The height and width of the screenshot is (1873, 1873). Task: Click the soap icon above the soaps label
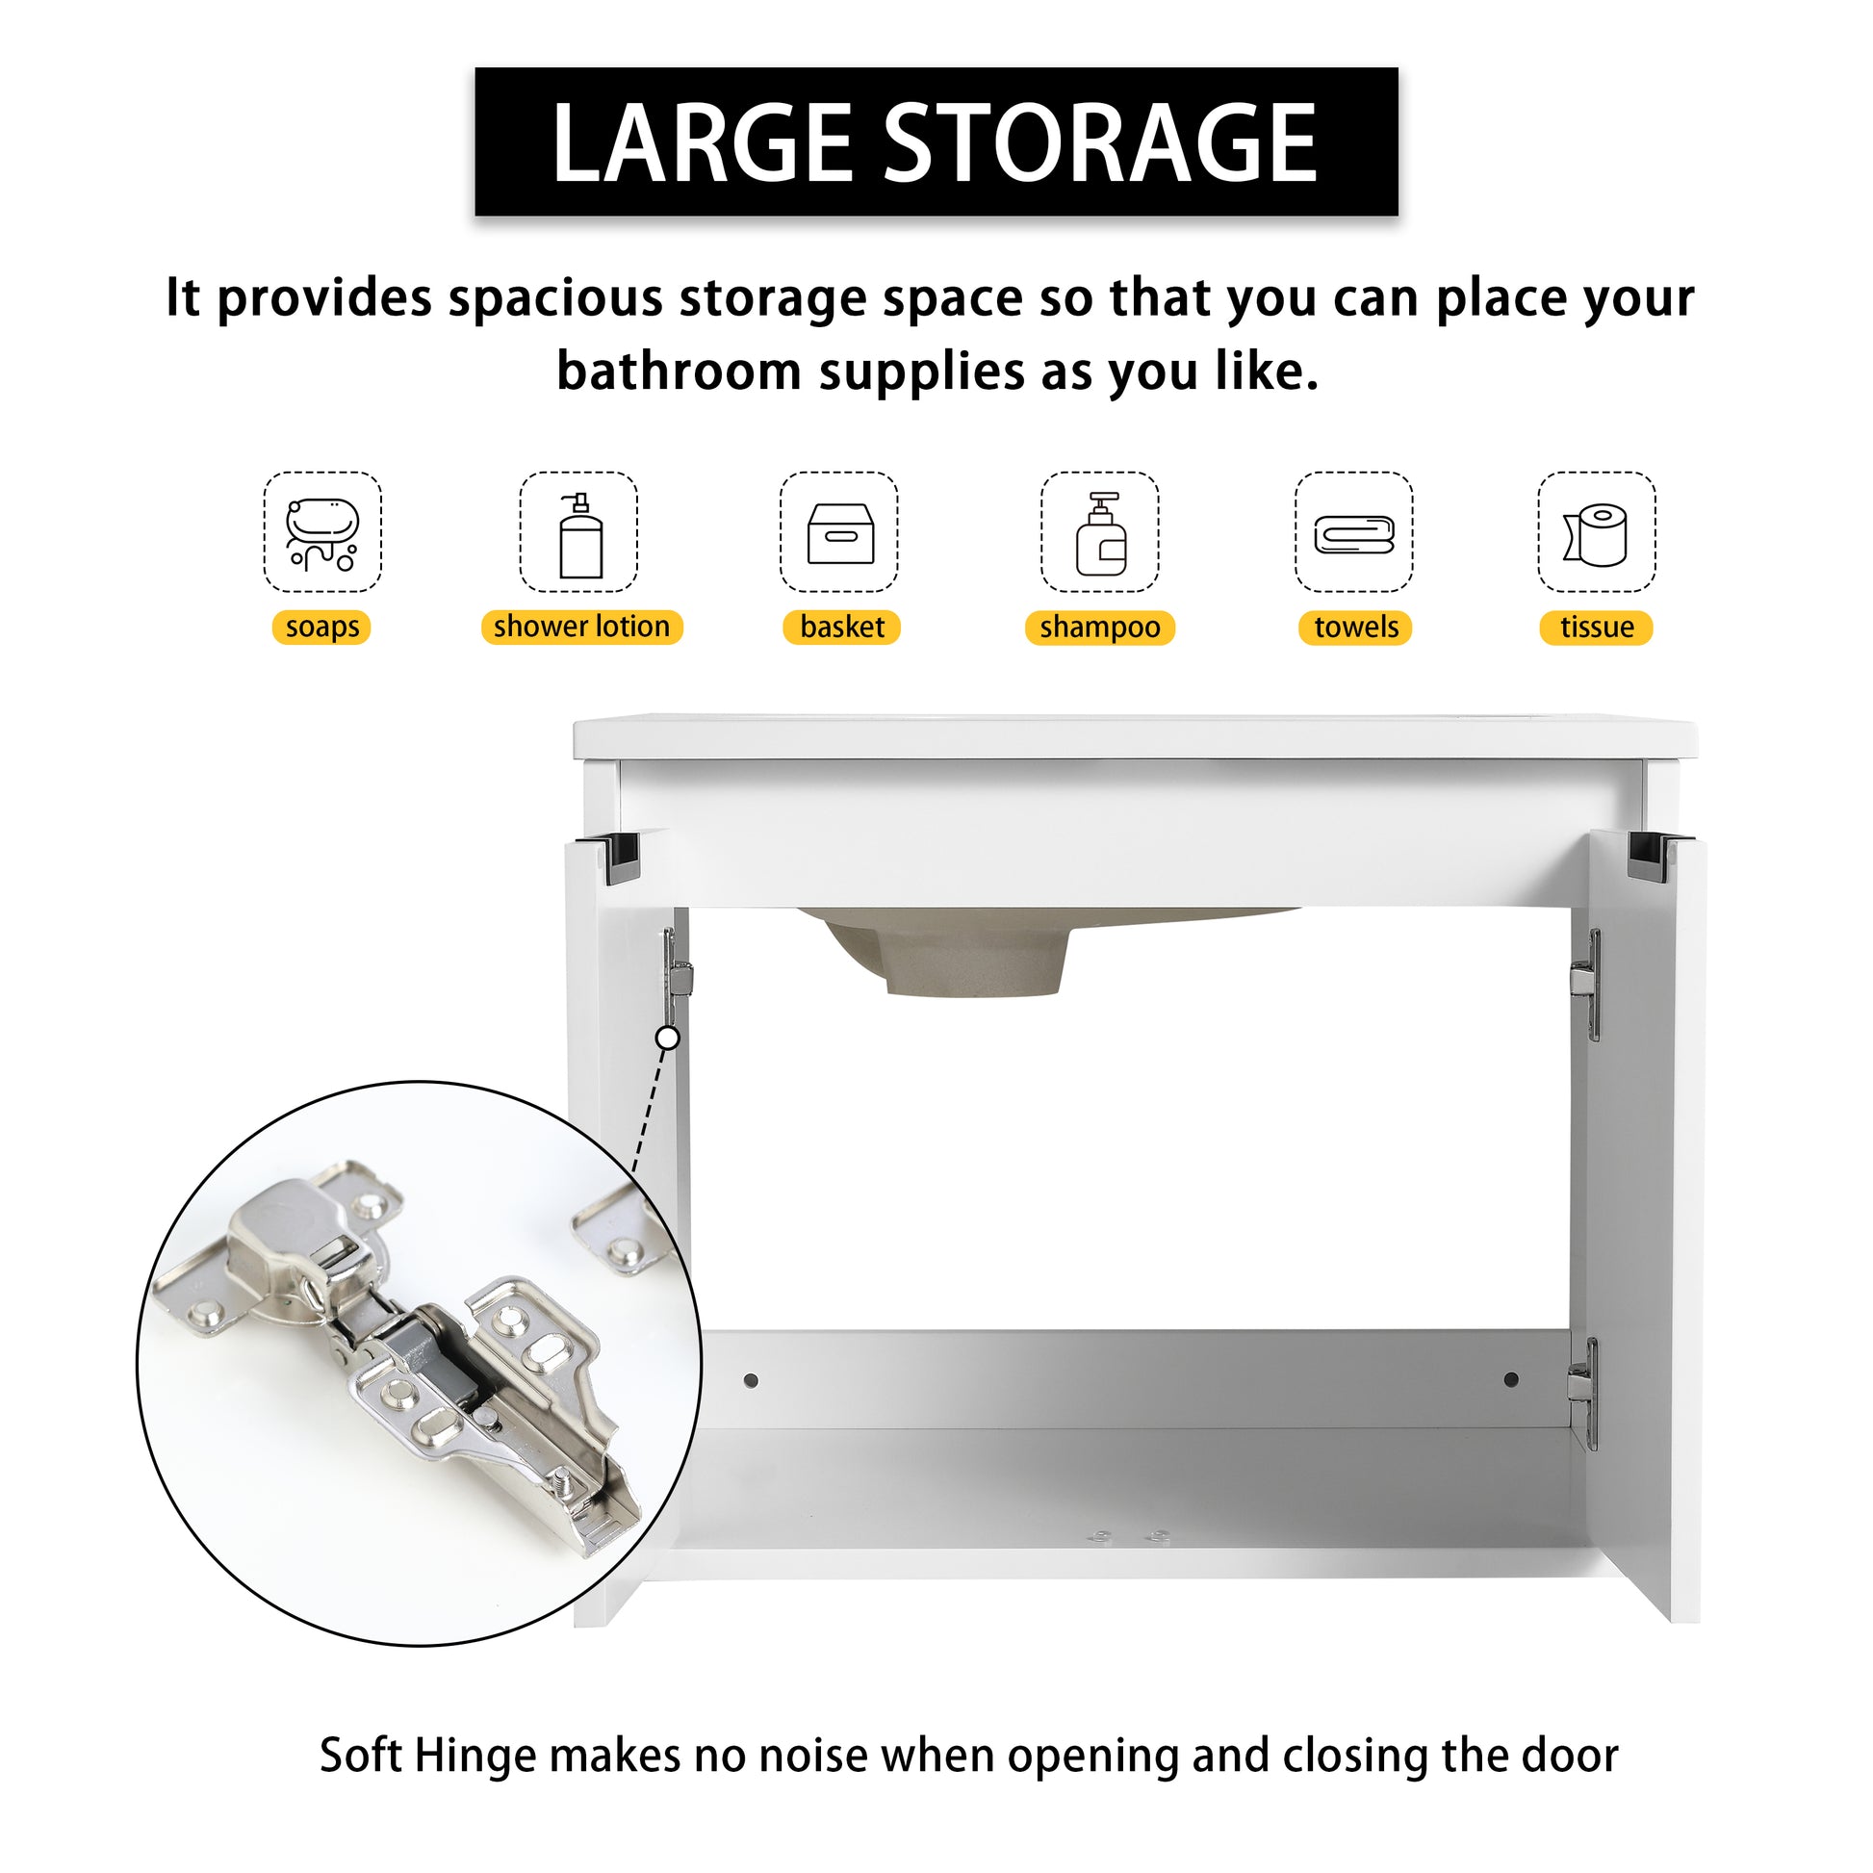click(322, 533)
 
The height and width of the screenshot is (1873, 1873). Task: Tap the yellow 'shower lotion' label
click(581, 628)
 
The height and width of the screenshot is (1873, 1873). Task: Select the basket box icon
click(839, 533)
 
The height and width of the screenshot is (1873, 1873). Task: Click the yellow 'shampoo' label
click(1099, 629)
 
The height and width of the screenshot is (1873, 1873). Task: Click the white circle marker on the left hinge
click(668, 1039)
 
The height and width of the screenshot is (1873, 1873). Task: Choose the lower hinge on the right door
click(1582, 1390)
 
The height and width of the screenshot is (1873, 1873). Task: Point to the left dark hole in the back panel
click(751, 1379)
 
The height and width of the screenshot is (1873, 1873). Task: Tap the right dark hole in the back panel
click(1510, 1378)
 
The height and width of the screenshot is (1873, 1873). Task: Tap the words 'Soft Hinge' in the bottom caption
click(427, 1755)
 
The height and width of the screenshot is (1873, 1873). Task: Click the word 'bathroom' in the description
click(679, 372)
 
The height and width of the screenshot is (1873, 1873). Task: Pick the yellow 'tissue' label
click(1596, 628)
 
